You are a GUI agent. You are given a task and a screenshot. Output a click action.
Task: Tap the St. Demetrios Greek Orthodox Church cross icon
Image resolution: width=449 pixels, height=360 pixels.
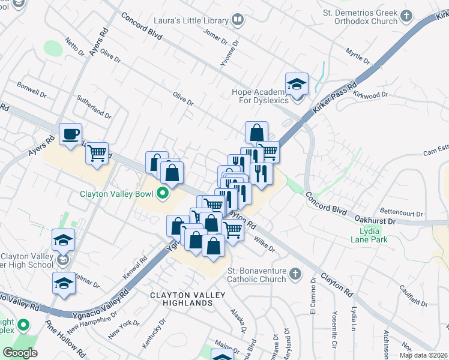[406, 16]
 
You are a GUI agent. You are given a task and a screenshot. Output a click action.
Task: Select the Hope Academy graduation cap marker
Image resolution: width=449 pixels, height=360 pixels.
[297, 85]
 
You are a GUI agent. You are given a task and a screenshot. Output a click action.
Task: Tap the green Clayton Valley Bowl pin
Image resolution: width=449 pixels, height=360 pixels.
[161, 193]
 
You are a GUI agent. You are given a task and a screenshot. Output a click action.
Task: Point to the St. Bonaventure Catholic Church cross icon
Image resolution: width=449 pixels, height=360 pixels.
[294, 274]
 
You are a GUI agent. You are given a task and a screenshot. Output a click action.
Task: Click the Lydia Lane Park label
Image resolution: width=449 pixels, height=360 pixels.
[373, 235]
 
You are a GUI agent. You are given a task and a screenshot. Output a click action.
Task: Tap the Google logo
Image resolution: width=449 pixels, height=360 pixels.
[20, 353]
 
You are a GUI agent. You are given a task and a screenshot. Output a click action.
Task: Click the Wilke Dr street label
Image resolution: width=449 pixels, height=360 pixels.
[264, 244]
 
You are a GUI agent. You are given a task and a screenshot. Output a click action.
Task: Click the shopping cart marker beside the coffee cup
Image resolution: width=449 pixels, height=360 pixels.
[96, 154]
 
